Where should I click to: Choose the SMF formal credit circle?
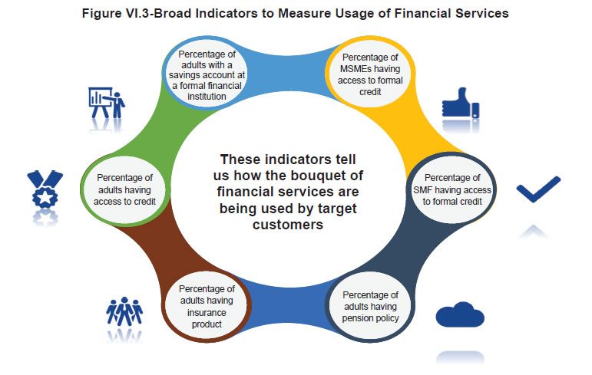452,188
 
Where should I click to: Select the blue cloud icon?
460,314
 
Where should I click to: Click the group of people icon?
124,311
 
